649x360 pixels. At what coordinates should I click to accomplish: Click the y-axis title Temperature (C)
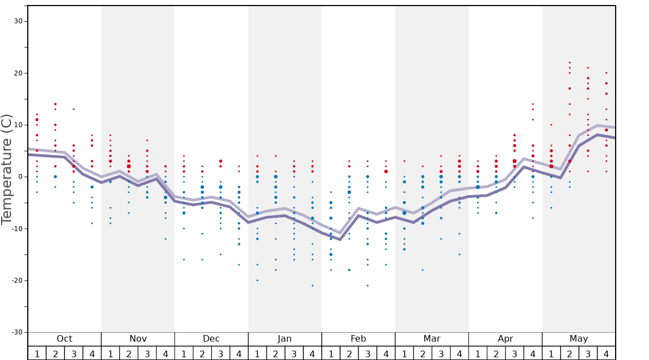[x=7, y=169]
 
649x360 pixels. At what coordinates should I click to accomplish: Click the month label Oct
[x=64, y=339]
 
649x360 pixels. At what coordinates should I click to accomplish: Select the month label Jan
[x=284, y=339]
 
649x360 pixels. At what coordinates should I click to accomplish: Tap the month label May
[x=578, y=339]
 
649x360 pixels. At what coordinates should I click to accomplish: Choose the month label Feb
[x=358, y=339]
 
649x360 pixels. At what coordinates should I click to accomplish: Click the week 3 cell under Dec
[x=221, y=353]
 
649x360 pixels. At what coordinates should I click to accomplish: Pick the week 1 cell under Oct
[x=37, y=353]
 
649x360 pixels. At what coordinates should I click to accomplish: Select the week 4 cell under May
[x=606, y=353]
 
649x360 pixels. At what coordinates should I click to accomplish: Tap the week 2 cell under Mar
[x=423, y=353]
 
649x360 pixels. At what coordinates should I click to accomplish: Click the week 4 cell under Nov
[x=166, y=353]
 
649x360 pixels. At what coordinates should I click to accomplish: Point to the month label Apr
[x=505, y=339]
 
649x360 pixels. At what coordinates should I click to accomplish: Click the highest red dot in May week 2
[x=570, y=63]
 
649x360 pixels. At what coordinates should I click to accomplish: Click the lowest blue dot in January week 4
[x=312, y=286]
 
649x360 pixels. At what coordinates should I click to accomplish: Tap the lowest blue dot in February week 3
[x=367, y=286]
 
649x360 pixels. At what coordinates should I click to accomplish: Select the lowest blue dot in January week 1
[x=257, y=280]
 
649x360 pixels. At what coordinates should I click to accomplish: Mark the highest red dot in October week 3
[x=73, y=109]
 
